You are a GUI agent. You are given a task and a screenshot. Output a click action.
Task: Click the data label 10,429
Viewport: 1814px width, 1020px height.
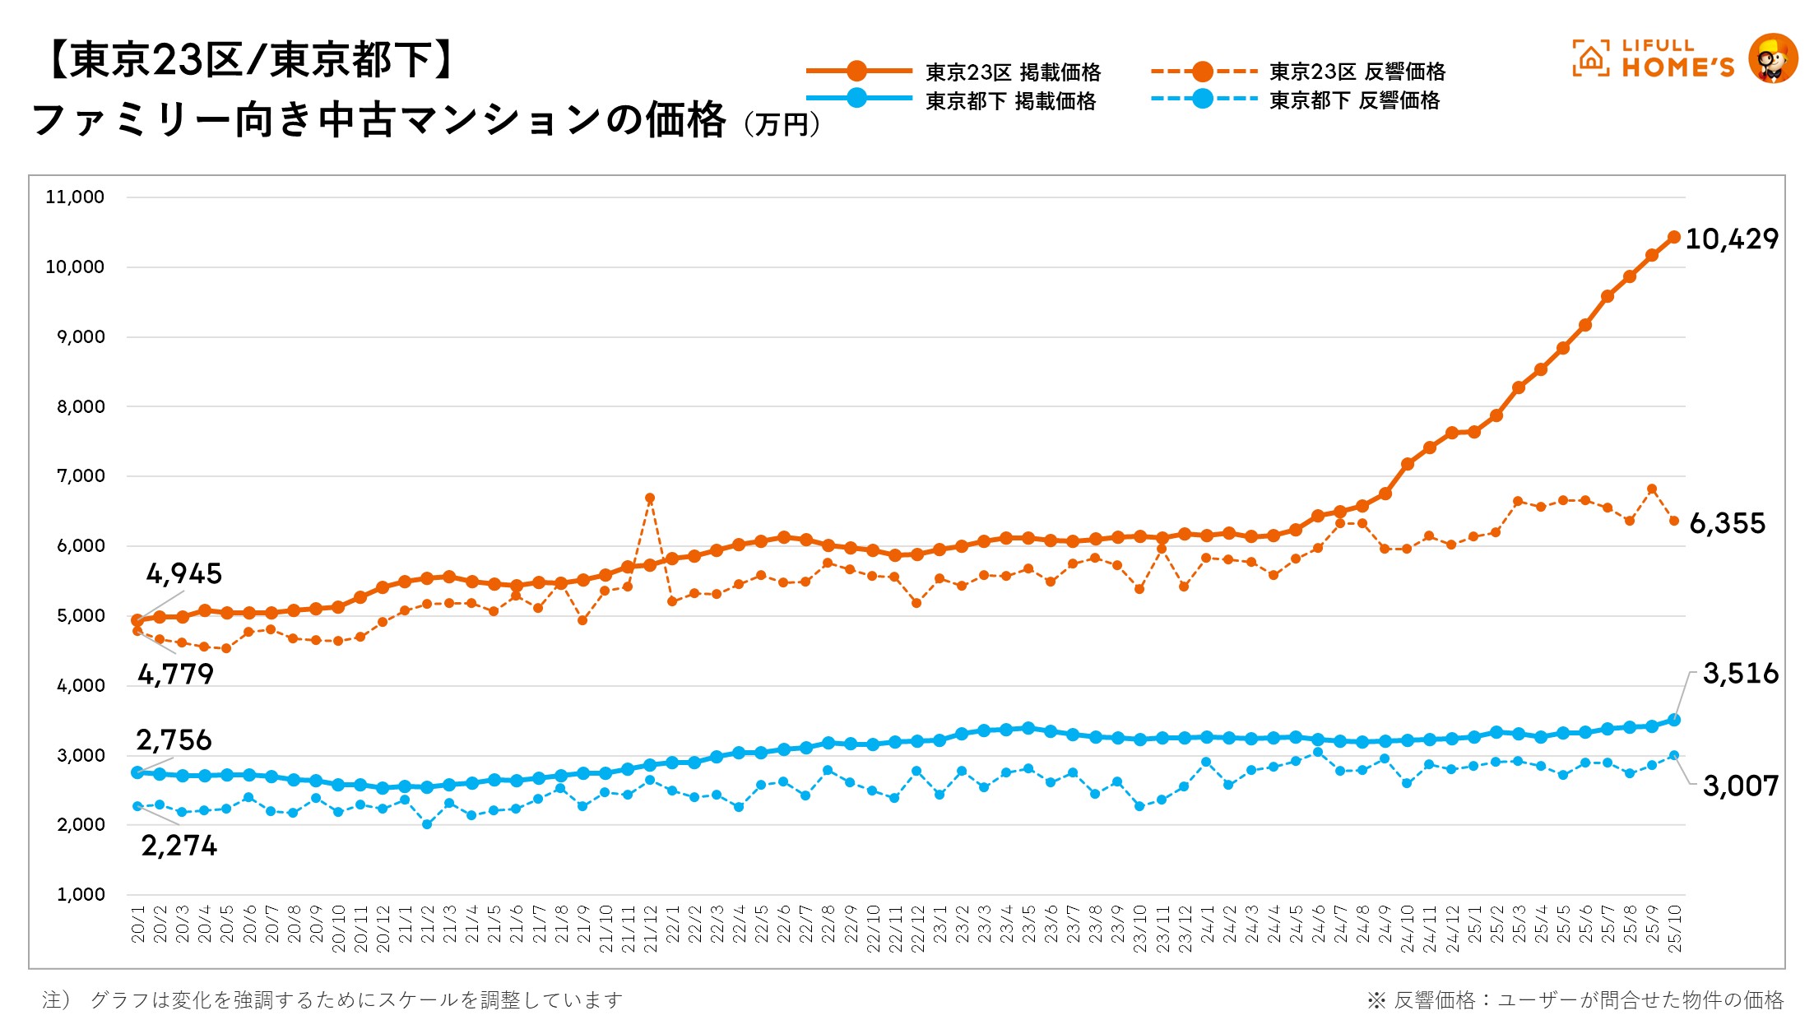[x=1731, y=239]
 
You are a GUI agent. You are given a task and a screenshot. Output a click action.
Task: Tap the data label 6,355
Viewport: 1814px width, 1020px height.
[x=1727, y=523]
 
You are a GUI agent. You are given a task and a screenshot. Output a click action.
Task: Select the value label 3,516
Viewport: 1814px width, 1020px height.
[x=1740, y=674]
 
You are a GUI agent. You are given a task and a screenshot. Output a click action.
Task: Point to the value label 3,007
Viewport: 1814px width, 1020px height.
[x=1740, y=786]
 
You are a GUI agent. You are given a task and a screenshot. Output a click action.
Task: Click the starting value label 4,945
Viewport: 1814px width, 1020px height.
[x=184, y=573]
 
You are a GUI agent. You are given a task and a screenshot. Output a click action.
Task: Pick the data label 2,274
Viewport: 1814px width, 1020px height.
[x=179, y=846]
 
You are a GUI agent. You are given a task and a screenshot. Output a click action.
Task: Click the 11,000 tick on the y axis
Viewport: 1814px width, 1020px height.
[x=75, y=197]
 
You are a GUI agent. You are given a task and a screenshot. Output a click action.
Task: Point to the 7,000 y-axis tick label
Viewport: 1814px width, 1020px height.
[x=81, y=476]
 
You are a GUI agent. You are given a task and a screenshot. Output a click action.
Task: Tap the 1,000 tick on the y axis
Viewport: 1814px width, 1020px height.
[x=81, y=895]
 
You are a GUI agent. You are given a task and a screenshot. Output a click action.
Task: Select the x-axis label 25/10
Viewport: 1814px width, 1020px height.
[x=1674, y=929]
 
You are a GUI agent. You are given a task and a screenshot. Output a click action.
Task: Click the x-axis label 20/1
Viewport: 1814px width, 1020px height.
[x=138, y=924]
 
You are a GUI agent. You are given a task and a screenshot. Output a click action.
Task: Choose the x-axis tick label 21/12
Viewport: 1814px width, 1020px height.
[x=650, y=929]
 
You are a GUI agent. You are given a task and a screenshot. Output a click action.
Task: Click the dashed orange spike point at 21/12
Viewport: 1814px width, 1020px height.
[x=650, y=498]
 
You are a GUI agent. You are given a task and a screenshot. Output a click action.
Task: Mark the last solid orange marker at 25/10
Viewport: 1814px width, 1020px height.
[x=1674, y=237]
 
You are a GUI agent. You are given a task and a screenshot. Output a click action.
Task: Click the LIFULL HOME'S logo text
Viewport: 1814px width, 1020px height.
[x=1677, y=59]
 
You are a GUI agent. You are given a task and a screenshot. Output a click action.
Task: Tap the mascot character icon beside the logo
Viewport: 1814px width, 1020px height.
[x=1772, y=58]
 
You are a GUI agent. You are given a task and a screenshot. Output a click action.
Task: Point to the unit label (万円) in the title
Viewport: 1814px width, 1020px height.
[x=782, y=124]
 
